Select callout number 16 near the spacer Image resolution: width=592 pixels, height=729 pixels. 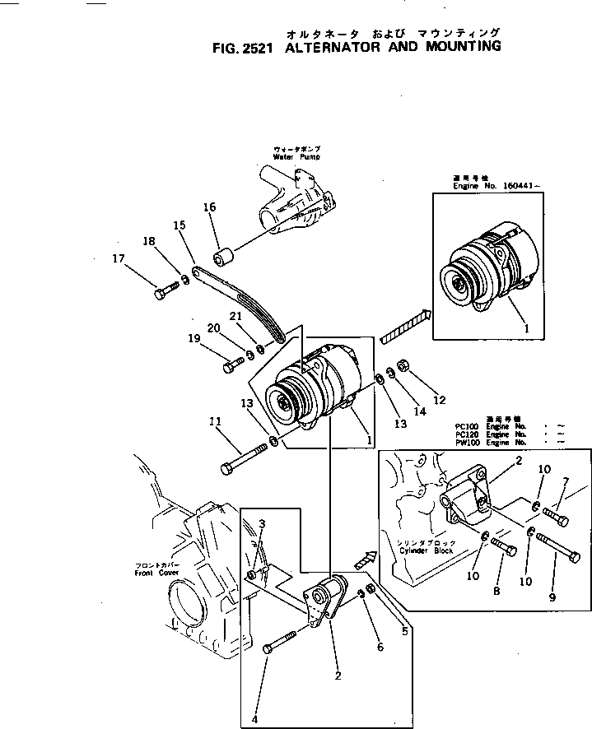[x=209, y=207]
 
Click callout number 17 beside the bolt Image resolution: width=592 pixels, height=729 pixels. [x=119, y=258]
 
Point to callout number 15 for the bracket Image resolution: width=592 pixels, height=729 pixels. [x=179, y=225]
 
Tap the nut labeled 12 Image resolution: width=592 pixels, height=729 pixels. [x=404, y=364]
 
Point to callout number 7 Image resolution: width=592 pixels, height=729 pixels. [x=565, y=481]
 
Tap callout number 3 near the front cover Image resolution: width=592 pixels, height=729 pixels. [x=262, y=524]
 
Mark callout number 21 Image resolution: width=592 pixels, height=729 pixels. [x=235, y=317]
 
